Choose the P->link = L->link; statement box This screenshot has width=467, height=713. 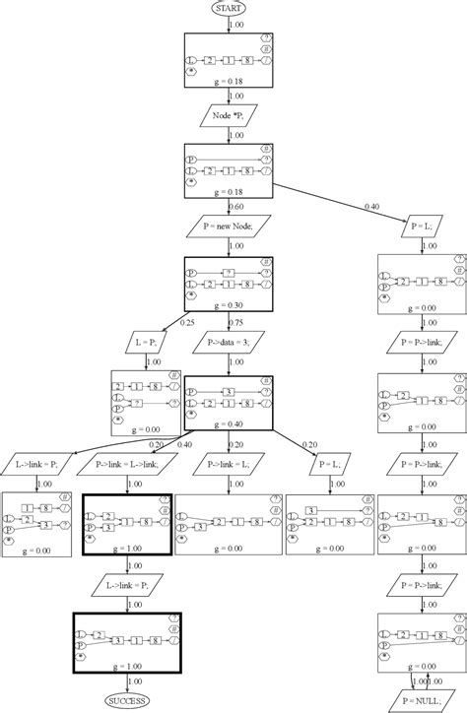click(x=126, y=461)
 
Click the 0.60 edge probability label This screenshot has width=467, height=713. click(x=235, y=207)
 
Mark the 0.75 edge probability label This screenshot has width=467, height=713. click(x=236, y=323)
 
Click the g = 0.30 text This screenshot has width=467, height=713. click(x=228, y=305)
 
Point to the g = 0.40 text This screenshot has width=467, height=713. click(x=228, y=422)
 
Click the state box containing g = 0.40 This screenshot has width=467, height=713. click(x=228, y=402)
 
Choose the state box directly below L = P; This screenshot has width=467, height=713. click(x=147, y=401)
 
